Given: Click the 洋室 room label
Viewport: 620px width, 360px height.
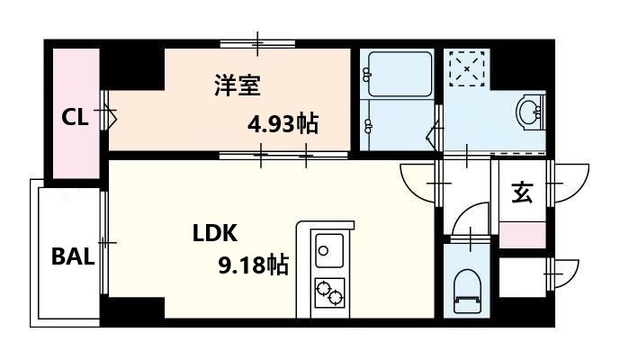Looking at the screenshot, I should click(x=237, y=86).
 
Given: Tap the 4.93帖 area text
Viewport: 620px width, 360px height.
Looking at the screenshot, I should click(x=283, y=124).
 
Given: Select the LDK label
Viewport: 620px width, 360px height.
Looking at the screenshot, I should click(x=214, y=233).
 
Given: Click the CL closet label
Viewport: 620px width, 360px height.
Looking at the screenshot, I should click(x=75, y=117).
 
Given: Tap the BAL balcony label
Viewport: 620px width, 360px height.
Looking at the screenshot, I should click(x=72, y=256).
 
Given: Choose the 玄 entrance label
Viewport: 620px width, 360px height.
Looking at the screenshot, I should click(x=521, y=192).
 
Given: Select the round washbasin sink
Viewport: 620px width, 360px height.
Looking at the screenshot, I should click(x=528, y=112).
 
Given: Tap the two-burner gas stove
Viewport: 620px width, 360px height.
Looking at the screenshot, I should click(x=328, y=292).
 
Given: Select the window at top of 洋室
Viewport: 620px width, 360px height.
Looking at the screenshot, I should click(x=258, y=42).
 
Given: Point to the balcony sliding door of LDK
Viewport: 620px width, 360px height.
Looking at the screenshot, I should click(x=104, y=241).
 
